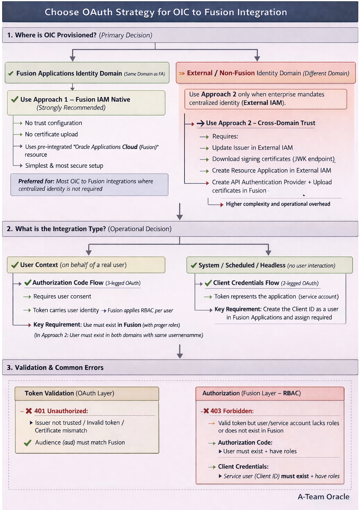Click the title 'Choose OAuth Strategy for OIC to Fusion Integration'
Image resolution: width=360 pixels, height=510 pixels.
pyautogui.click(x=166, y=12)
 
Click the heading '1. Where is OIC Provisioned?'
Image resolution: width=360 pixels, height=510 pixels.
pyautogui.click(x=55, y=35)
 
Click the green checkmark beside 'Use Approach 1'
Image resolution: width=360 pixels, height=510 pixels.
pyautogui.click(x=14, y=99)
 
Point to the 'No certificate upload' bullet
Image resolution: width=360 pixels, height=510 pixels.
pyautogui.click(x=51, y=135)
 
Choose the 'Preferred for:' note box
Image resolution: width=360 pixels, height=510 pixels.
pyautogui.click(x=89, y=185)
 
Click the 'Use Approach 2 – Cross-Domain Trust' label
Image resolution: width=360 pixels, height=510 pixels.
pyautogui.click(x=260, y=123)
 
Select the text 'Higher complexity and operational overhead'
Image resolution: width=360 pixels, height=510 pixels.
pyautogui.click(x=278, y=204)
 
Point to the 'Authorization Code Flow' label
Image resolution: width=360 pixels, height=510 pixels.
pyautogui.click(x=67, y=283)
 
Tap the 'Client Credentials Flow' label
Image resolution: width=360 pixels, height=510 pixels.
pyautogui.click(x=246, y=283)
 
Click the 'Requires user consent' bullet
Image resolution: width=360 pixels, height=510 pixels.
pyautogui.click(x=62, y=297)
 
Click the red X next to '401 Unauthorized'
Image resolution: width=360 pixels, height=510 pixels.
pyautogui.click(x=29, y=411)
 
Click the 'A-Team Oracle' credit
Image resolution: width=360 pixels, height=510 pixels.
pyautogui.click(x=323, y=497)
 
